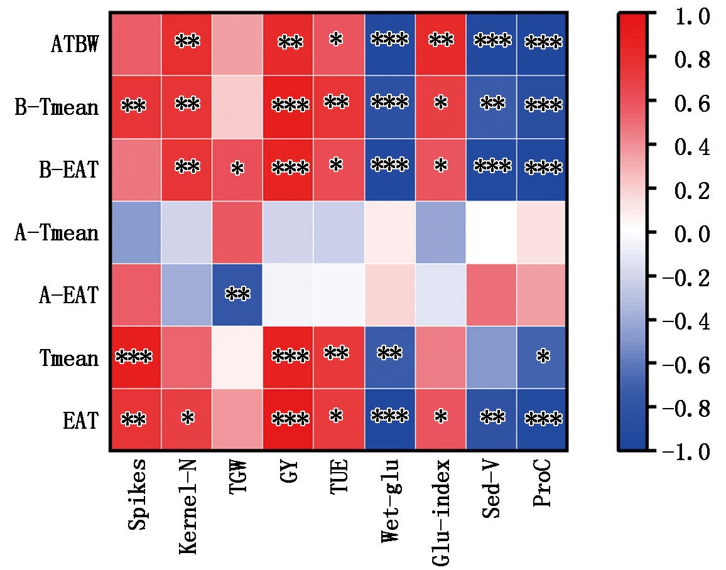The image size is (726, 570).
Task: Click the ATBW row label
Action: [x=74, y=45]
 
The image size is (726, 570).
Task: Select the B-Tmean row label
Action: [x=57, y=107]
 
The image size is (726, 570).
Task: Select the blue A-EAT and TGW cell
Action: [x=237, y=295]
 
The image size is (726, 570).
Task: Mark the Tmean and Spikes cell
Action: [x=136, y=358]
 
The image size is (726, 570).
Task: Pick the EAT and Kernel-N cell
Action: [x=187, y=419]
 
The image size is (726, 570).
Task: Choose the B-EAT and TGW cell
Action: [x=237, y=169]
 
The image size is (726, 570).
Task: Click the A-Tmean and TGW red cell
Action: [x=237, y=232]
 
